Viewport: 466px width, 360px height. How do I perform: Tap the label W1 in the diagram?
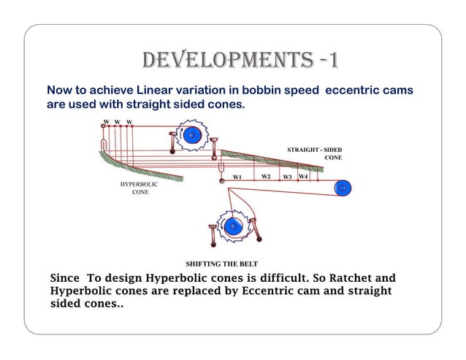[x=237, y=177]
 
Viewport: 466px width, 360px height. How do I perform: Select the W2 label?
[x=266, y=177]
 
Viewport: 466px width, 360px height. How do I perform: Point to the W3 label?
[x=288, y=177]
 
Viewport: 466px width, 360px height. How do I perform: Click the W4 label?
[x=303, y=177]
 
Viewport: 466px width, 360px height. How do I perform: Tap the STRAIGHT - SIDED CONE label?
[x=314, y=153]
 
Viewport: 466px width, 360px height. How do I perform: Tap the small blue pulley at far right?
[x=342, y=188]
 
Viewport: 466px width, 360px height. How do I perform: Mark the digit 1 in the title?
[x=332, y=61]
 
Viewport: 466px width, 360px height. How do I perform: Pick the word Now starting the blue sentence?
[x=59, y=90]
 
